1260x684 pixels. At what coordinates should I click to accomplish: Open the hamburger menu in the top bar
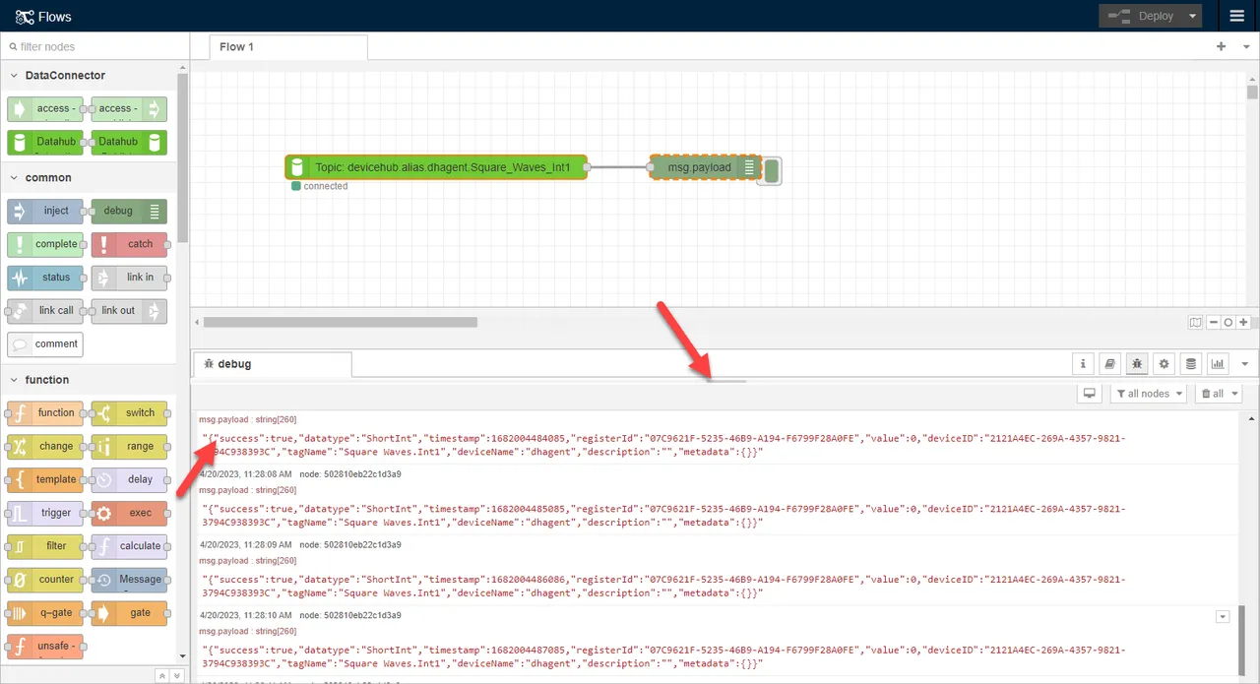point(1237,16)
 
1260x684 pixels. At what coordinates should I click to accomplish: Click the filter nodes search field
point(94,46)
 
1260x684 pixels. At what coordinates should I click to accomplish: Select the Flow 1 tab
point(236,46)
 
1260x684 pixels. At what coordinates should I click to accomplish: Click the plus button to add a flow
point(1222,46)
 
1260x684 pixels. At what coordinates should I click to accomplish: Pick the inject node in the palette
point(45,211)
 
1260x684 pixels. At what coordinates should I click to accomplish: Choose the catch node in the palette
point(130,244)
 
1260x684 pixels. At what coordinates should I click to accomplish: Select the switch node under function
point(130,412)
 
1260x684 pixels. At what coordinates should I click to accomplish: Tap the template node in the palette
point(45,479)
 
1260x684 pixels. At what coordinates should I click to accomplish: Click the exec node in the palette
point(130,513)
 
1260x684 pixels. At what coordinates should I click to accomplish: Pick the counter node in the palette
point(45,580)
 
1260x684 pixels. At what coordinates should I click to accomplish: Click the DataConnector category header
point(65,75)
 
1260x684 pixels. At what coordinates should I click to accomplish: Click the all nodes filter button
point(1146,393)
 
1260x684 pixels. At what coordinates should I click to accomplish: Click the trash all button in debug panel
point(1218,393)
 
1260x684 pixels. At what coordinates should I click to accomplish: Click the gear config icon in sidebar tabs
point(1164,364)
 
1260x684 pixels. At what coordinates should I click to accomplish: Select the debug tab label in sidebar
point(234,364)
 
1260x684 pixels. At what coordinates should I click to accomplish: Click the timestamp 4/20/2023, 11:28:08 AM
point(245,473)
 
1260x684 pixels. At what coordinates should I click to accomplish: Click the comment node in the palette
point(45,343)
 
